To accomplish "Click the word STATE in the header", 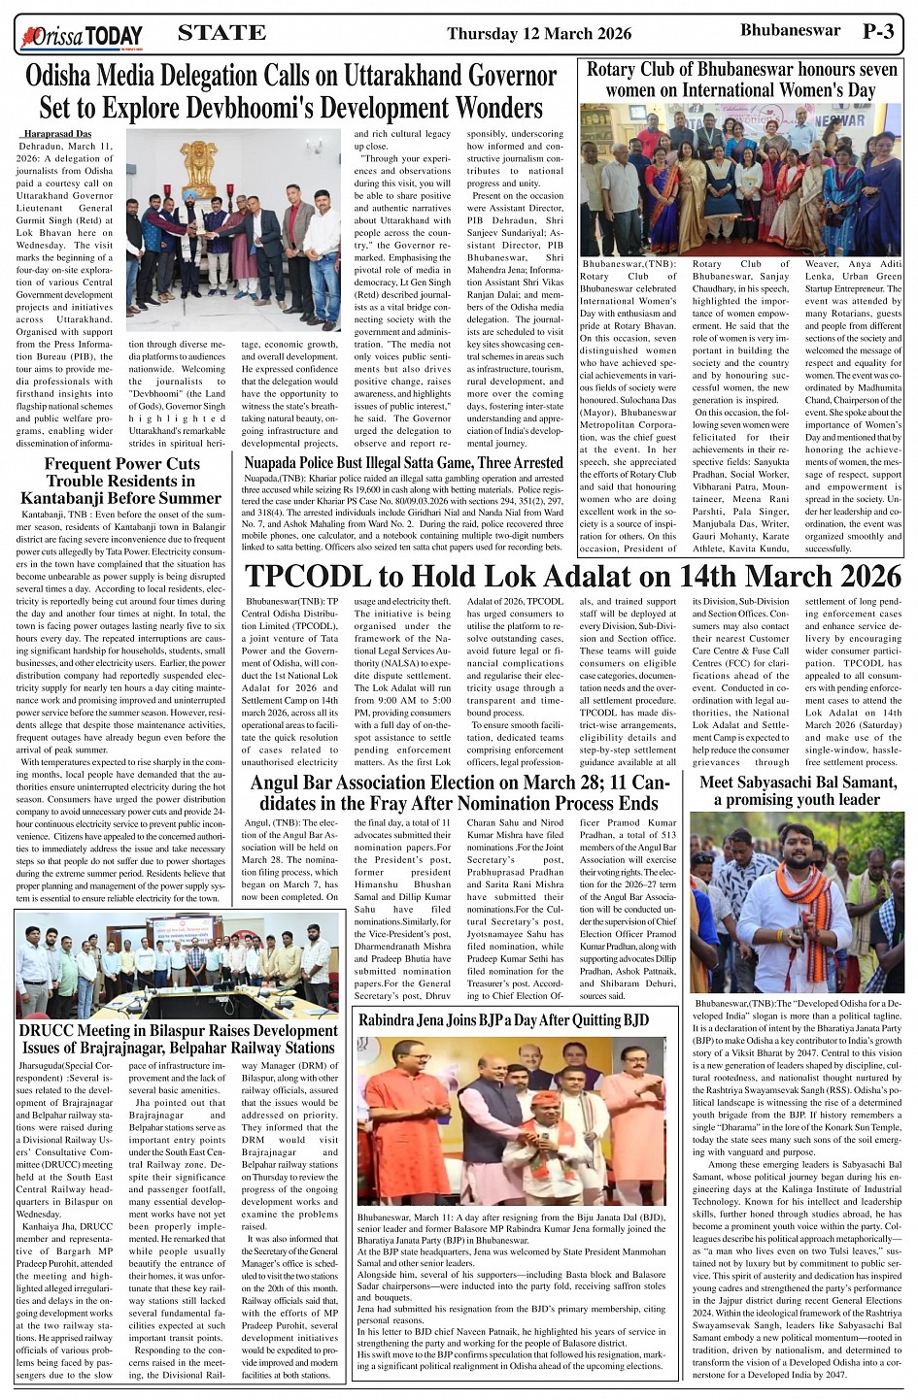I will coord(221,33).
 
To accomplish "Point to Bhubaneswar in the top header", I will coord(790,30).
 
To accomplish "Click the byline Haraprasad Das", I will coord(57,133).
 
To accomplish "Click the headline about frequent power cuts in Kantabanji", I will coord(121,481).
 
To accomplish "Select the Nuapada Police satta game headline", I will coord(403,462).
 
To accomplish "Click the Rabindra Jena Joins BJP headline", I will coord(503,1019).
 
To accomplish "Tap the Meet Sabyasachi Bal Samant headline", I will coord(797,790).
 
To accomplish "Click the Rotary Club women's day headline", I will coord(742,80).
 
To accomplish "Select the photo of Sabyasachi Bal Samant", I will coord(797,902).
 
